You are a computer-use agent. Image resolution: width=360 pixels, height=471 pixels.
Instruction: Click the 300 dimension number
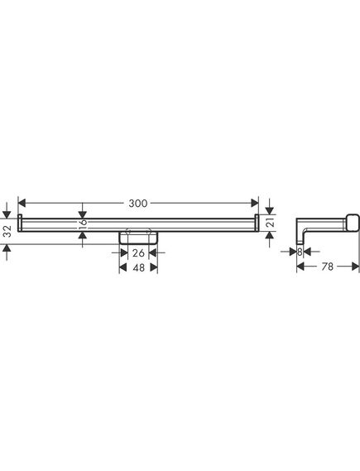point(138,204)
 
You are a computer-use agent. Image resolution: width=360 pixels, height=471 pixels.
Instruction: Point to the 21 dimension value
point(271,223)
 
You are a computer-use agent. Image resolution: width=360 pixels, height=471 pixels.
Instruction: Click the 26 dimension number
point(138,253)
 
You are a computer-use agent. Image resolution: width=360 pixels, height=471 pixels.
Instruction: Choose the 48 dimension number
point(139,267)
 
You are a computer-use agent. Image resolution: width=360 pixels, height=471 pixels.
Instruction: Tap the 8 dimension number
point(300,252)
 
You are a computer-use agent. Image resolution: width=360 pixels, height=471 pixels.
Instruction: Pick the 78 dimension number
point(327,267)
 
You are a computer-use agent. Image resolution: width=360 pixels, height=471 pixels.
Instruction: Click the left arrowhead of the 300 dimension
point(22,203)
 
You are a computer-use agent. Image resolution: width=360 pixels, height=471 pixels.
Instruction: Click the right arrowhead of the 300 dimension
point(255,203)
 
